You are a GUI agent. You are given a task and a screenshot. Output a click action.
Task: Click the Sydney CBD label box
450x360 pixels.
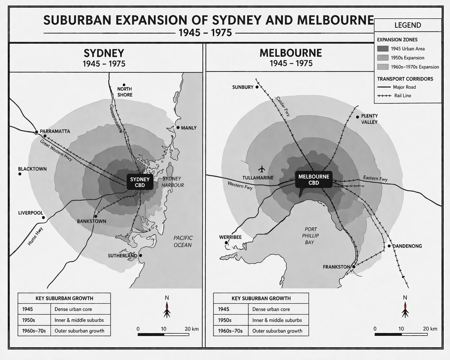(140, 182)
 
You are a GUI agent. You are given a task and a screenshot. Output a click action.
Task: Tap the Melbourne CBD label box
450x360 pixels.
(314, 180)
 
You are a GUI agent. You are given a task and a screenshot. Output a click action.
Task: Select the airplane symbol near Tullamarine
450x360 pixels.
(262, 169)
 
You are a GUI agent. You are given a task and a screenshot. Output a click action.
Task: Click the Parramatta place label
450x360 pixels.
(55, 131)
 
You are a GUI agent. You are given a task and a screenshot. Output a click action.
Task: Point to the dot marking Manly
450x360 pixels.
(178, 127)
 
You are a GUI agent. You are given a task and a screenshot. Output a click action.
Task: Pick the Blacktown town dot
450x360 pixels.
(20, 174)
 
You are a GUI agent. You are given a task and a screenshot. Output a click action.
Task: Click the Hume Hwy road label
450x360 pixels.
(35, 236)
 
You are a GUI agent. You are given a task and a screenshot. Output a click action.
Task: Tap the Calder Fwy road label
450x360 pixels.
(283, 106)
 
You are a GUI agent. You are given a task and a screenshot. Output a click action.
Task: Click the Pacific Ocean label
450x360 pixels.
(183, 241)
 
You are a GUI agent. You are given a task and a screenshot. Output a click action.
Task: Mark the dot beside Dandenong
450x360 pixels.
(389, 246)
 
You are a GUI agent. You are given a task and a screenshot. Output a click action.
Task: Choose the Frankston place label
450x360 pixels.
(336, 267)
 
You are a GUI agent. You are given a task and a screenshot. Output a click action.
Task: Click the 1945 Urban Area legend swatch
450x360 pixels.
(383, 49)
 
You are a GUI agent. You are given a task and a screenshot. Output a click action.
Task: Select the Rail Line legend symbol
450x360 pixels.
(384, 96)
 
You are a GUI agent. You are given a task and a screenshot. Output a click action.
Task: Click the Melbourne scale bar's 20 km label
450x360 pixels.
(430, 329)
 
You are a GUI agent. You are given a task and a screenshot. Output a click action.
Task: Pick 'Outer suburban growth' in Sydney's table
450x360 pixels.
(79, 331)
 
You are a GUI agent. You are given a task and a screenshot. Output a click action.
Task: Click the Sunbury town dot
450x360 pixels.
(257, 87)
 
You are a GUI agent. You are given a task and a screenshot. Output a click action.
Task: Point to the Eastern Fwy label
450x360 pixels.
(375, 178)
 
